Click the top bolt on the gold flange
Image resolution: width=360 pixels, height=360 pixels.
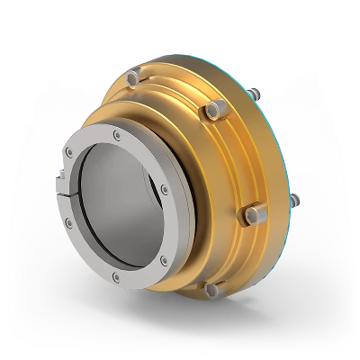133,78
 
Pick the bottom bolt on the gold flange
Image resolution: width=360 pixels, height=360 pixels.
211,290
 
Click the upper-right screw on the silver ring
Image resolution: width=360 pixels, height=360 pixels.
163,188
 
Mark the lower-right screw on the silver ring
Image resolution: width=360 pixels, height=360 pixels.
162,261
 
